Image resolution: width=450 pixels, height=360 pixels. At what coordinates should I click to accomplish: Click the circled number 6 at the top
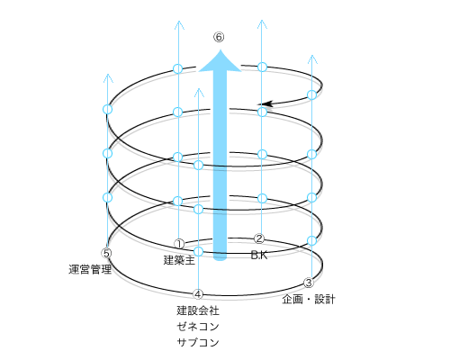pos(219,37)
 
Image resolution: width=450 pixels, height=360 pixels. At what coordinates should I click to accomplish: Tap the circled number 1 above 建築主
pos(179,244)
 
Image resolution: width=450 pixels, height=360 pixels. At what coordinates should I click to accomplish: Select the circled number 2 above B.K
pos(259,238)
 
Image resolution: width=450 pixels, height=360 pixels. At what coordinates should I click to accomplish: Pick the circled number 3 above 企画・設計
pos(309,283)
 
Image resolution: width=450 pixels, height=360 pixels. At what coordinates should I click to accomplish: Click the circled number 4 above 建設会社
pos(198,294)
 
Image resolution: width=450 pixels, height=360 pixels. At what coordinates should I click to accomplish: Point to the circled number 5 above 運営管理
pos(106,253)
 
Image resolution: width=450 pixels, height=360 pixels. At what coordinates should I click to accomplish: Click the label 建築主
pos(179,260)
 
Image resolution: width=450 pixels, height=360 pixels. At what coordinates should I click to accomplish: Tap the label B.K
pos(259,255)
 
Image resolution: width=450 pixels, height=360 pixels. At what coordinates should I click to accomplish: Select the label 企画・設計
pos(309,300)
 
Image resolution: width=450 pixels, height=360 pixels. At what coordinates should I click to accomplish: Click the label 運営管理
pos(90,269)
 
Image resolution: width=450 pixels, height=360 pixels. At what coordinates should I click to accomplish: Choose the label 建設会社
pos(198,310)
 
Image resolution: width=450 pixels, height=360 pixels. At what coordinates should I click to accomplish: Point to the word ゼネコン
pos(198,327)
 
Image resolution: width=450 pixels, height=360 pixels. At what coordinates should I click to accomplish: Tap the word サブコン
pos(198,342)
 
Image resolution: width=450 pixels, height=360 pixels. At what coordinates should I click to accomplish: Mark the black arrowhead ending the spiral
pos(265,103)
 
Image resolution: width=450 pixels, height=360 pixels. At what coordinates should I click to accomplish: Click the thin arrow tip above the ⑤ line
pos(108,75)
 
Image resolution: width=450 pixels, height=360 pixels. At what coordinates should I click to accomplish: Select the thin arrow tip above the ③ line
pos(312,56)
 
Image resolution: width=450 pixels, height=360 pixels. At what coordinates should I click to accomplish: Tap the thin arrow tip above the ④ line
pos(199,89)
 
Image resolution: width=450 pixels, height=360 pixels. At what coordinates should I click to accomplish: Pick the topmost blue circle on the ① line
pos(178,68)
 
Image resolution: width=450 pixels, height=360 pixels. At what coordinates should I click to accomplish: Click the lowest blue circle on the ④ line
pos(198,251)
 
